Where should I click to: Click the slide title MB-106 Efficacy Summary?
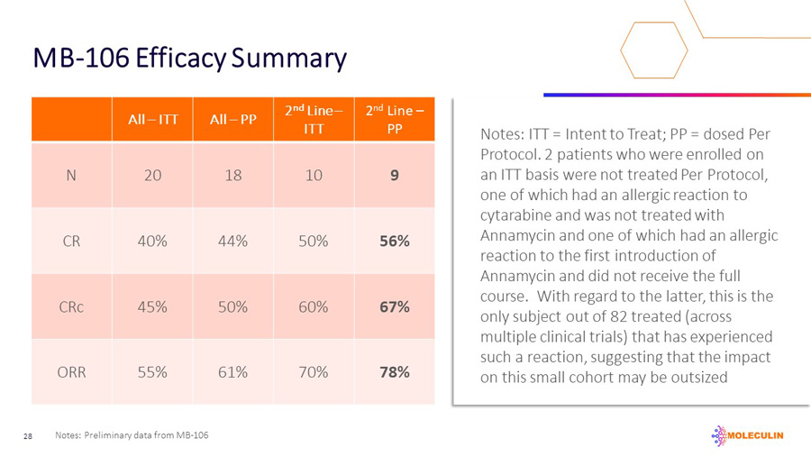189,59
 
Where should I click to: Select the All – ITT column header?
152,120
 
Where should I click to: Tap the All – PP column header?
232,120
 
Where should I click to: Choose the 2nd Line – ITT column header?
314,120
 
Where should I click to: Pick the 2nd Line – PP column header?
395,120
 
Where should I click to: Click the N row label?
71,175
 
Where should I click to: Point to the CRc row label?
71,307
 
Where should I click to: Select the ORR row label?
71,372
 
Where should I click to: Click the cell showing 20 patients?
152,175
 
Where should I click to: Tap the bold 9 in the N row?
395,175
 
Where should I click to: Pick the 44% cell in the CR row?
232,241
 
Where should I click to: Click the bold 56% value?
395,241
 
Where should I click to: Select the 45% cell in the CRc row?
152,307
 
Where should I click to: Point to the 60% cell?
314,307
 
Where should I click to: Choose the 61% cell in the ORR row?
232,372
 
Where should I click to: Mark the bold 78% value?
395,372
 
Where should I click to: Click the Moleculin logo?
747,436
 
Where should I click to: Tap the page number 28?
28,436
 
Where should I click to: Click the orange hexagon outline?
621,50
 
